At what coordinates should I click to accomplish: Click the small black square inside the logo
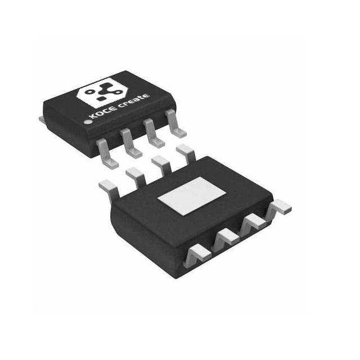click(x=101, y=99)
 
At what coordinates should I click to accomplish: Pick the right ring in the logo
click(x=118, y=92)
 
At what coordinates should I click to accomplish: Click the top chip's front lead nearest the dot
click(x=106, y=152)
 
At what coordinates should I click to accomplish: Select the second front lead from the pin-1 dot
click(x=130, y=143)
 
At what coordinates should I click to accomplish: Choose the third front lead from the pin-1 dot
click(x=153, y=133)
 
